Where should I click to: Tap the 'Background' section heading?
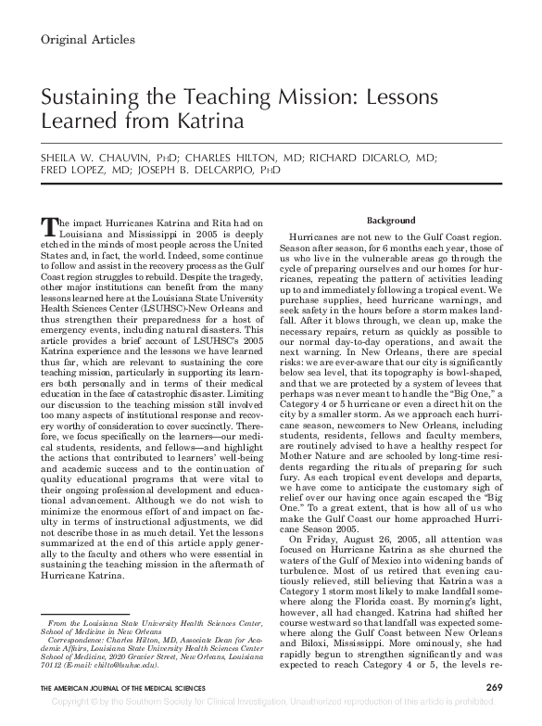[x=391, y=222]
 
